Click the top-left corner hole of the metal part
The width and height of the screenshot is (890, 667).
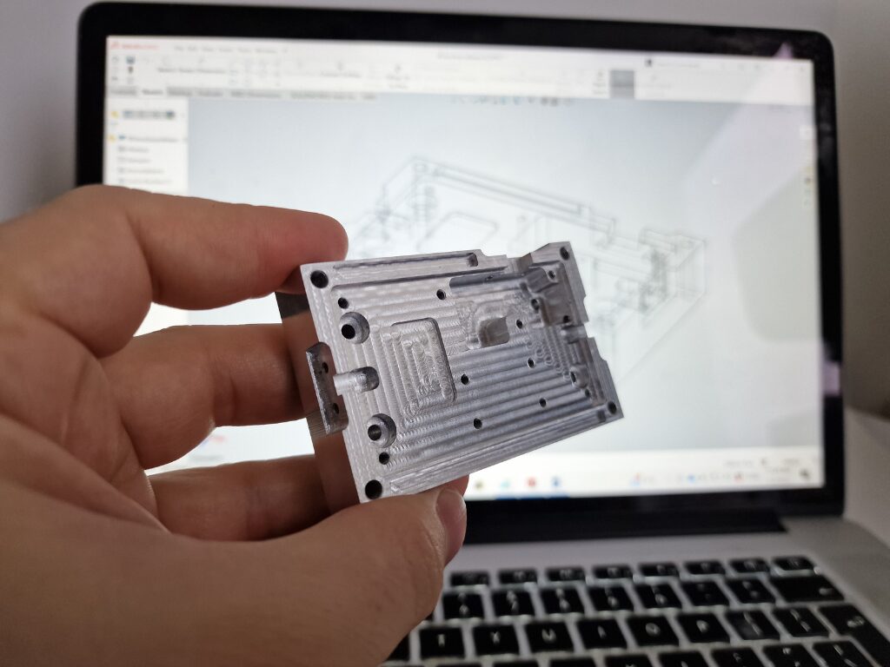click(318, 279)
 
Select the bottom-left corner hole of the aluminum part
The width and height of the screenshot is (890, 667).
click(374, 489)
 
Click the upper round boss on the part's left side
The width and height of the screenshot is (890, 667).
click(354, 329)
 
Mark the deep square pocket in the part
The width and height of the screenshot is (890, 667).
click(493, 327)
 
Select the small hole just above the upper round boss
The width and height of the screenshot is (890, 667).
click(343, 303)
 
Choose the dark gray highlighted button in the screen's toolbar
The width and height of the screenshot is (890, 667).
click(622, 83)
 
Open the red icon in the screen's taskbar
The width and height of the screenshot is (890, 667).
click(531, 483)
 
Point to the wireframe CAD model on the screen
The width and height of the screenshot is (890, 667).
click(539, 217)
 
